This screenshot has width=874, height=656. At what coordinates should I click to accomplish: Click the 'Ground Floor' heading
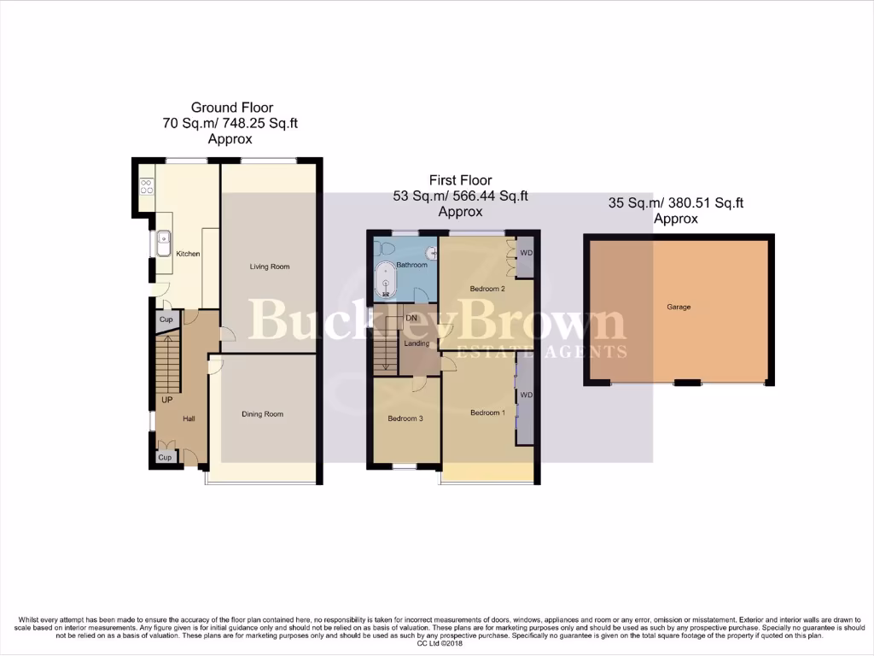[231, 108]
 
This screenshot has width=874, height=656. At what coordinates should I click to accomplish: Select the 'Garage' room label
[679, 307]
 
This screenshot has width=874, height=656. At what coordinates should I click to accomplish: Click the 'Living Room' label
[270, 266]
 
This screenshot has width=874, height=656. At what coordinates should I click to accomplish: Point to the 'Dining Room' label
[262, 414]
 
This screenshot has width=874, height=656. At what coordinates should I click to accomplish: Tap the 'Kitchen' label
[188, 254]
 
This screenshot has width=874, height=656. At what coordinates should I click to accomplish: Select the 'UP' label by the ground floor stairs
[166, 399]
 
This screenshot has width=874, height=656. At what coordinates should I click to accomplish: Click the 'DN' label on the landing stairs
[411, 318]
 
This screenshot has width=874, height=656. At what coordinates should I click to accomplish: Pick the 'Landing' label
[417, 343]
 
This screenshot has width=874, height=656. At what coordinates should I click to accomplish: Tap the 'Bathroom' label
[411, 265]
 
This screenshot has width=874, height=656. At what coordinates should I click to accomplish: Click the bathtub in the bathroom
[387, 281]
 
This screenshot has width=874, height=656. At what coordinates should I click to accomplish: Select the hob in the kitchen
[146, 185]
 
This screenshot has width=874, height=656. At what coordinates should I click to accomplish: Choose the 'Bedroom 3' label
[405, 419]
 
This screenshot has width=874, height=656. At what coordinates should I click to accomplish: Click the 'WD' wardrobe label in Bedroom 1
[526, 395]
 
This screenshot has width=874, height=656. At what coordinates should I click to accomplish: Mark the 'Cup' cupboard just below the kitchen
[166, 319]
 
